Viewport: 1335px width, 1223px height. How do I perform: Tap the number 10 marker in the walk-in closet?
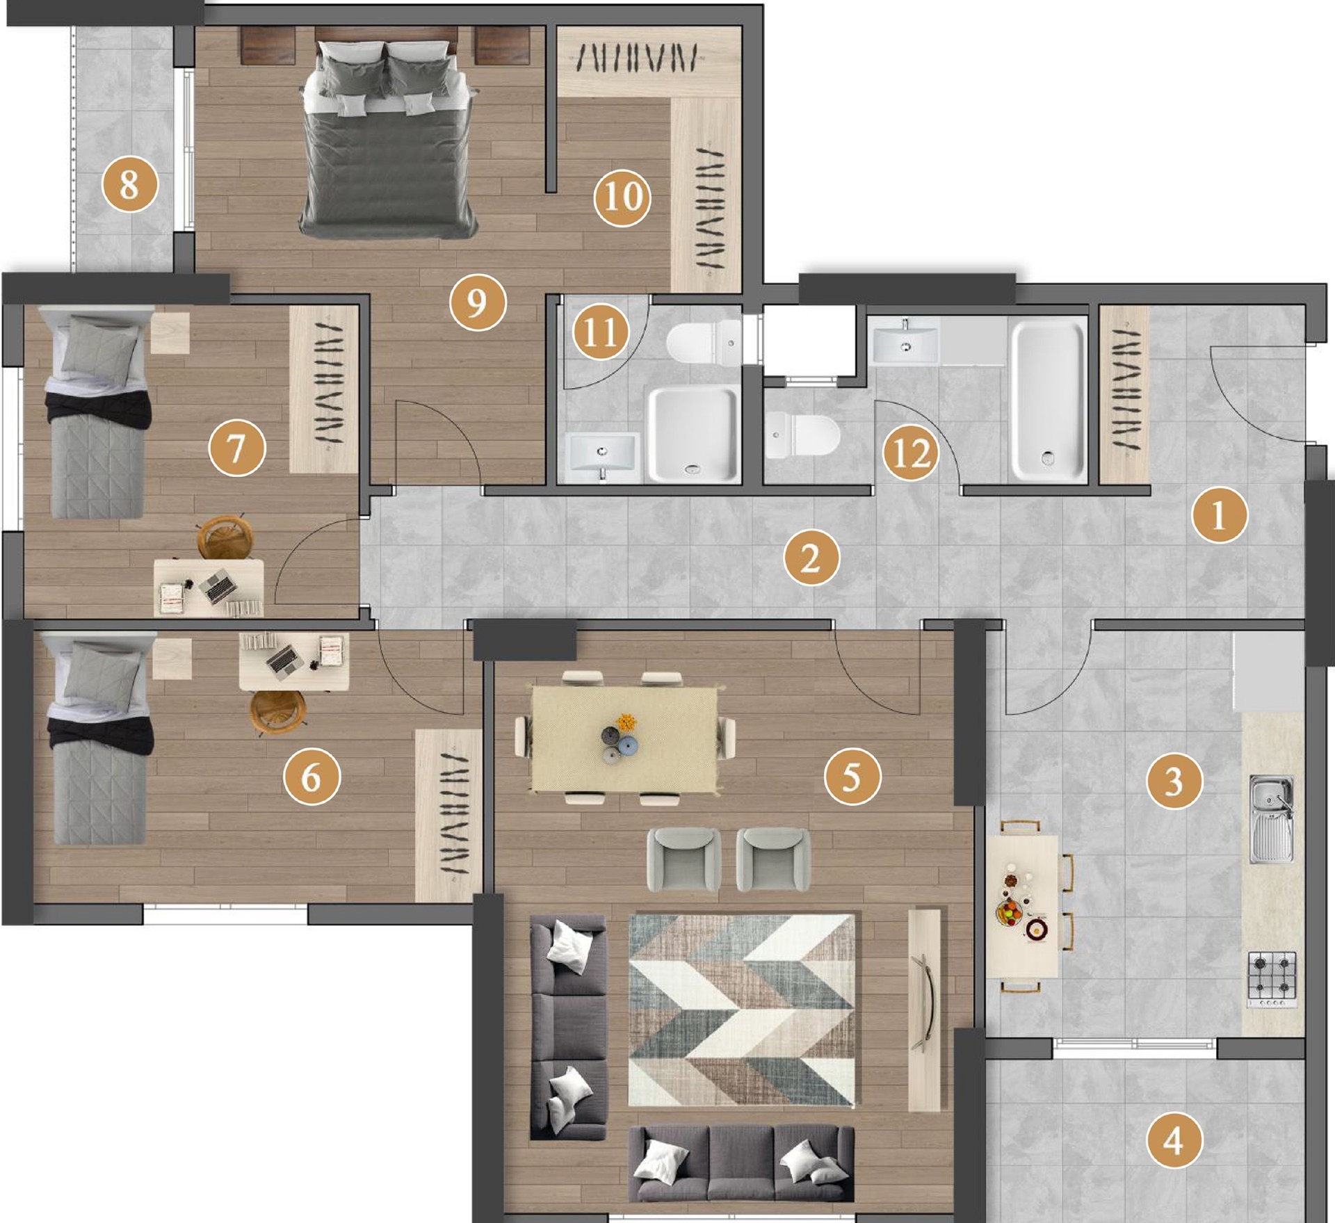622,197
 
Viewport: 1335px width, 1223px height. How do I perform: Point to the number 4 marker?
1174,1141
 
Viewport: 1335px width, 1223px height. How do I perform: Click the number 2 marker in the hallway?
811,558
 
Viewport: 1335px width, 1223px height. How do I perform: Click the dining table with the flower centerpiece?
624,738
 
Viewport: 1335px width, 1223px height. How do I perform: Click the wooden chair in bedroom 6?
278,711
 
